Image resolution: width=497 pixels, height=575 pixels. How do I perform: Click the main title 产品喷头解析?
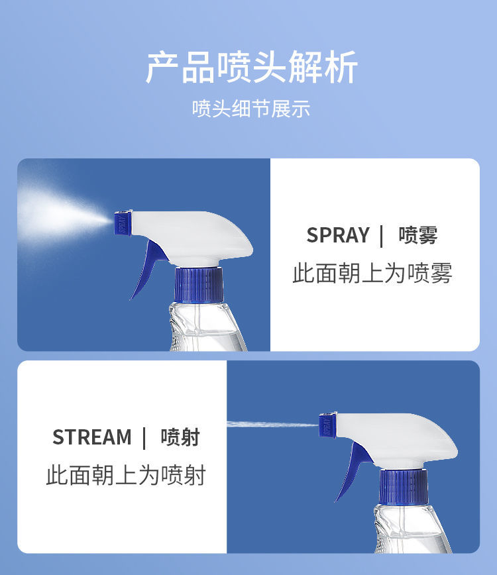(x=251, y=67)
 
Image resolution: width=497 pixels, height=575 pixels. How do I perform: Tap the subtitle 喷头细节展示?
(x=251, y=109)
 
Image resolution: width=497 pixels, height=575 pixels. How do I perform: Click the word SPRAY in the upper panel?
(x=338, y=235)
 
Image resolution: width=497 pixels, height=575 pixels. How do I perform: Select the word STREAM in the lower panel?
(x=91, y=437)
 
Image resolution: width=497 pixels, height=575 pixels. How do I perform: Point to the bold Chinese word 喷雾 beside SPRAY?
(x=418, y=235)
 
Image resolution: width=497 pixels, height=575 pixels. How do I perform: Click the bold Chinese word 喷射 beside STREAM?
(x=180, y=437)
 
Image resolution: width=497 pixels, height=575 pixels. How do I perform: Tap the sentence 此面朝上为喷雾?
(x=372, y=273)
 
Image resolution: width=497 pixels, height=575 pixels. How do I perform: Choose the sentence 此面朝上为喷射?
(x=126, y=475)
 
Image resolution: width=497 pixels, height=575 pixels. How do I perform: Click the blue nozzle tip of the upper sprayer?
(x=123, y=223)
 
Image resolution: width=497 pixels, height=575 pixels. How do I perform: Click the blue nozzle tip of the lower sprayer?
(x=328, y=425)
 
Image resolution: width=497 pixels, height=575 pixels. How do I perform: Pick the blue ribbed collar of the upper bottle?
(x=198, y=286)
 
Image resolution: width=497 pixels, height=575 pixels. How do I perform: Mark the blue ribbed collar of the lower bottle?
(x=404, y=488)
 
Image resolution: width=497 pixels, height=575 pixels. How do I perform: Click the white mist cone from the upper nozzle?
(x=62, y=216)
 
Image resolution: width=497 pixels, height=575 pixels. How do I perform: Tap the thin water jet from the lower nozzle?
(x=273, y=425)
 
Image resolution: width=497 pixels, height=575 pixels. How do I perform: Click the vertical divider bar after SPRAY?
(x=382, y=236)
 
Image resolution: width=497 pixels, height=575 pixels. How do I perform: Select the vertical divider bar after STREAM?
(x=144, y=439)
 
